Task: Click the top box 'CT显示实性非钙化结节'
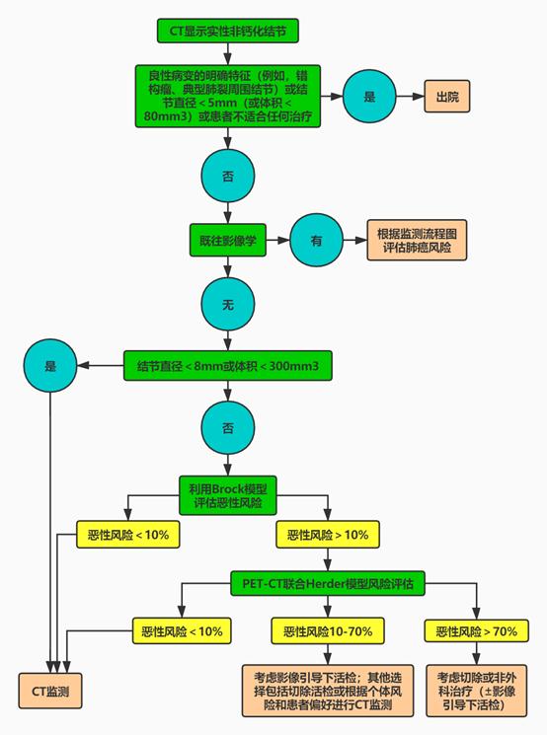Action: click(x=227, y=31)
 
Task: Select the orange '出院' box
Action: click(x=447, y=97)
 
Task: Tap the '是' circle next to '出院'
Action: click(x=369, y=97)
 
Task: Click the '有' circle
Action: click(x=316, y=241)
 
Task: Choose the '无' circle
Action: click(x=227, y=305)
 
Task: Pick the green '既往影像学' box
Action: click(x=227, y=241)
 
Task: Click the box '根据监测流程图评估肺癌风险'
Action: click(x=417, y=241)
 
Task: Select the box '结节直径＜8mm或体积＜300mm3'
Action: click(x=227, y=366)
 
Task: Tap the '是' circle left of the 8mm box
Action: click(x=50, y=366)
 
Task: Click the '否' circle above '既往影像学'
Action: click(x=227, y=177)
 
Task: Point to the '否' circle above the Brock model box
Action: click(x=227, y=427)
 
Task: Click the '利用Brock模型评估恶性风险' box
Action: click(x=227, y=495)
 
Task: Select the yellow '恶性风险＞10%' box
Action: click(x=328, y=535)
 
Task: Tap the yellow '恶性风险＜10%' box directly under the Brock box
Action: click(x=128, y=535)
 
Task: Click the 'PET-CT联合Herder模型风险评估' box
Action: click(x=328, y=584)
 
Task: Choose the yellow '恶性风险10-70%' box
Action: click(x=328, y=631)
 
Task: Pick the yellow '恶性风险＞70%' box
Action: click(x=476, y=631)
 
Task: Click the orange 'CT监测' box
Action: click(x=50, y=691)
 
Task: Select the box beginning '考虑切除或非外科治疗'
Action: click(x=476, y=691)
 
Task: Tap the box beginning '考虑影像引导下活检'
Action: click(x=328, y=691)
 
